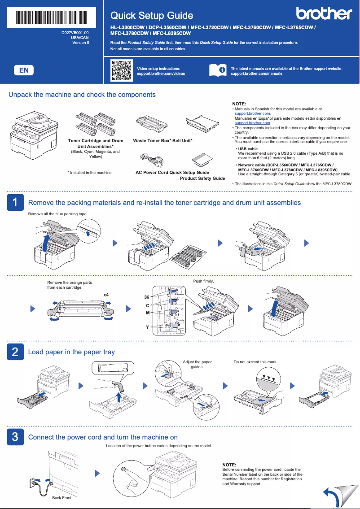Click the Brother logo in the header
[324, 14]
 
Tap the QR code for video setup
[121, 70]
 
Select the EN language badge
[24, 70]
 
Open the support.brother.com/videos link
[160, 73]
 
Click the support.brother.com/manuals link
[256, 73]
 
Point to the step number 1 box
[15, 202]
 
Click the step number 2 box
[15, 352]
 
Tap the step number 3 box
[15, 437]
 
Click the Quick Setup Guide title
[152, 16]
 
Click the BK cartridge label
[146, 297]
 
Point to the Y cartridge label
[147, 327]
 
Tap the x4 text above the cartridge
[106, 295]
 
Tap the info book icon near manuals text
[219, 70]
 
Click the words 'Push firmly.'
[203, 281]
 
